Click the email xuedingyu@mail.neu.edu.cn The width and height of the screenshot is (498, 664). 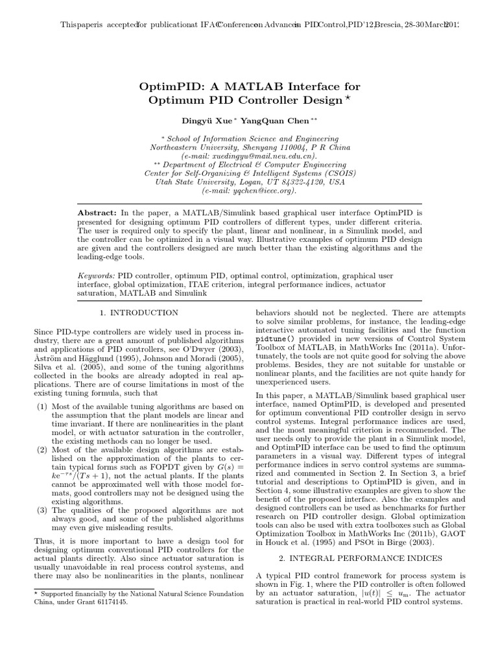[x=254, y=156]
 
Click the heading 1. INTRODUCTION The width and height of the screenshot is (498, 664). [x=139, y=313]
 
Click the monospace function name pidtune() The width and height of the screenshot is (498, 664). [x=275, y=339]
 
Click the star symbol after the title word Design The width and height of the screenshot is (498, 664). [x=347, y=98]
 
